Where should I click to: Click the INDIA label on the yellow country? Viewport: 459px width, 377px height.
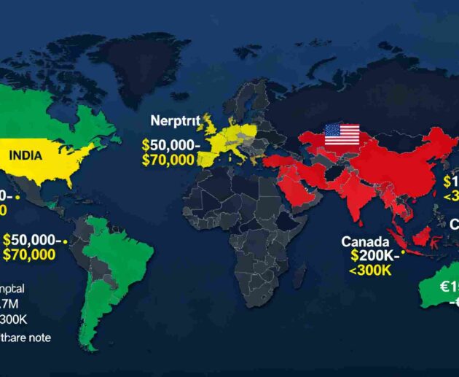point(26,155)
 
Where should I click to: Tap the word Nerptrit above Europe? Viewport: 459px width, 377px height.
point(176,120)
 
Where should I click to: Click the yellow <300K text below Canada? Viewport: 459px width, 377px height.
point(370,270)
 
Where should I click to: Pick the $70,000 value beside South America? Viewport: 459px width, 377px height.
point(28,254)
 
